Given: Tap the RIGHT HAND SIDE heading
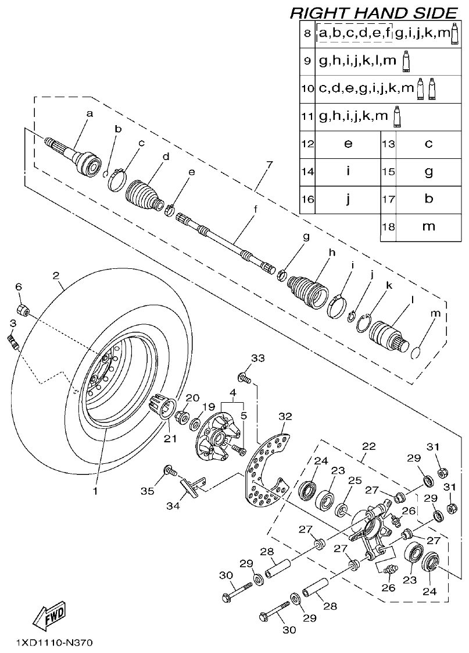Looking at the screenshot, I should [x=374, y=12].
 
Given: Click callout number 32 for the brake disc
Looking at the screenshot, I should [x=284, y=416].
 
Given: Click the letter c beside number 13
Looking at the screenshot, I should [x=428, y=144].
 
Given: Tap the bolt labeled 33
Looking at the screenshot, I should [x=245, y=379].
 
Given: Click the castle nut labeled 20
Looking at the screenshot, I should [x=180, y=417].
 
